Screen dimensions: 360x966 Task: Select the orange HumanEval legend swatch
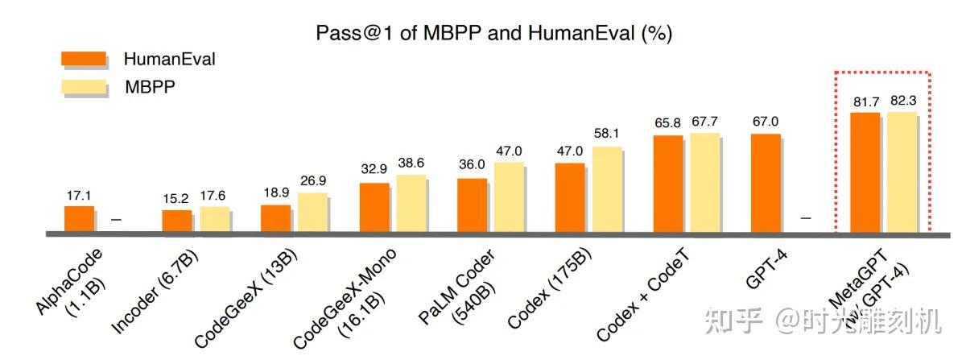(84, 59)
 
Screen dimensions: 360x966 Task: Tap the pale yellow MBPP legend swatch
(84, 87)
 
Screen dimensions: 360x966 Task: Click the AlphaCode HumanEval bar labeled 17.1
(79, 219)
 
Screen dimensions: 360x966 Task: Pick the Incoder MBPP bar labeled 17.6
(214, 220)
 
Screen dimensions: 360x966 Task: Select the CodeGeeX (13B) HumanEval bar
(275, 218)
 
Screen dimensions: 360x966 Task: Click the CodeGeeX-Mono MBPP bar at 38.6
(411, 204)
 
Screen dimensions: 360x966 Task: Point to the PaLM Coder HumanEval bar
(472, 205)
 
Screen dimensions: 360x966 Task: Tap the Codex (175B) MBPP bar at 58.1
(607, 190)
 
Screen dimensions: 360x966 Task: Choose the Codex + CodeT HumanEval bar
(668, 184)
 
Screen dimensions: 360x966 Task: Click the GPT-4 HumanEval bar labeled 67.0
(766, 183)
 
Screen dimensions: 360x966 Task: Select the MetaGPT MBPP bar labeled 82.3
(901, 172)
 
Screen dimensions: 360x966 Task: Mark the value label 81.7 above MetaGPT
(865, 101)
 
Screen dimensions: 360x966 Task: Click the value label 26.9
(312, 180)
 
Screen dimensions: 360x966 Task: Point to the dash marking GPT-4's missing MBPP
(807, 218)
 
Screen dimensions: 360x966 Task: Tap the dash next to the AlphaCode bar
(116, 218)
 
